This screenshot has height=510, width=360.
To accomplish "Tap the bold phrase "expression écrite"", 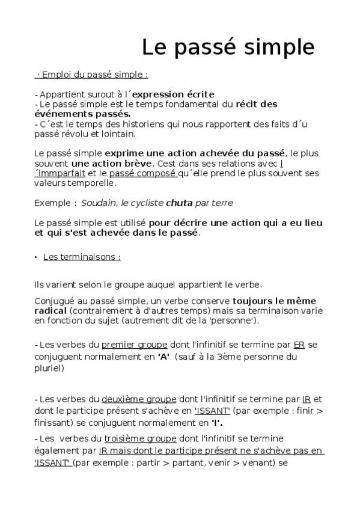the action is click(x=173, y=94).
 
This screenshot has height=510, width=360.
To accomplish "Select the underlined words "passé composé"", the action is click(x=142, y=173).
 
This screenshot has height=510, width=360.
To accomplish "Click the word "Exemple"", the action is click(x=52, y=203).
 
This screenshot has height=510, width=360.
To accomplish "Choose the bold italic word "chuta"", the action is click(x=179, y=203).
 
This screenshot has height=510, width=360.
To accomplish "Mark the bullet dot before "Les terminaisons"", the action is click(x=36, y=257).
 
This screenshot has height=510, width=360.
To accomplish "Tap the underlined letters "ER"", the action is click(x=299, y=345).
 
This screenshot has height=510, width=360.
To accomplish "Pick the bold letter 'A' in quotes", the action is click(x=163, y=355).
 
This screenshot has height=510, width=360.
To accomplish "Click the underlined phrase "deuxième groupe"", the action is click(x=139, y=399).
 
